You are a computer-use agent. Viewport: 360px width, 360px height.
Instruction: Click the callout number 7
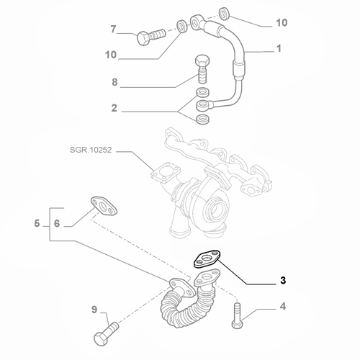[x=113, y=30]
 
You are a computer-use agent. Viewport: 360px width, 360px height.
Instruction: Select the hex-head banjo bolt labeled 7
[x=150, y=36]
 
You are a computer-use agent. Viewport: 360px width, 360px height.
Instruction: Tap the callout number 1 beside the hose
[x=279, y=48]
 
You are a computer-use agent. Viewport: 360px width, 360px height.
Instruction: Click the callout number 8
[x=114, y=82]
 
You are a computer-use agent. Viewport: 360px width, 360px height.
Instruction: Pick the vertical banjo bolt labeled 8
[x=202, y=69]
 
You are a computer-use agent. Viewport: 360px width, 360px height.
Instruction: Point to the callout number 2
[x=114, y=108]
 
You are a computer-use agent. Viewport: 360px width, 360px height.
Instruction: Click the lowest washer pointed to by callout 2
[x=203, y=120]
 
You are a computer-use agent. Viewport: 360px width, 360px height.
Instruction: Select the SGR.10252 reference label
[x=91, y=150]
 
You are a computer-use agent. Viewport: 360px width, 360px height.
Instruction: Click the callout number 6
[x=57, y=223]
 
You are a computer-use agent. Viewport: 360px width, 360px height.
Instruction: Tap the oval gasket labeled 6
[x=104, y=206]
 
